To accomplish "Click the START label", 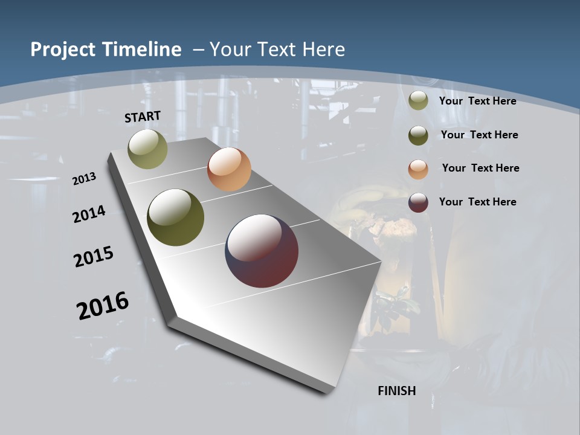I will point(143,117).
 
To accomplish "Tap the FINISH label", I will point(397,391).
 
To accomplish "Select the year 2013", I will point(84,179).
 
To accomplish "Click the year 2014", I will point(89,214).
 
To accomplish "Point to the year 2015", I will point(94,257).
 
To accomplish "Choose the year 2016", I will point(103,305).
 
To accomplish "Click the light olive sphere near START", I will point(148,149).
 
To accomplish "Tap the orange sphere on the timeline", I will point(229,169).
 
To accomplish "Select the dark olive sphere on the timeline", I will point(176,217).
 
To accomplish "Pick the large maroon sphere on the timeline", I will point(262,251).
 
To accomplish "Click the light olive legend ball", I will point(418,101).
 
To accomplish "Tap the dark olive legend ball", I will point(418,135).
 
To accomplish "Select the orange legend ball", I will point(418,169).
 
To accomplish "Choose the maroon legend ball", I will point(418,202).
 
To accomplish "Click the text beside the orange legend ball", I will point(480,168).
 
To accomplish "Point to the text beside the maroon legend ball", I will point(478,202).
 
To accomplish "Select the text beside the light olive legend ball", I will point(478,101).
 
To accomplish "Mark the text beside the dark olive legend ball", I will point(480,135).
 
